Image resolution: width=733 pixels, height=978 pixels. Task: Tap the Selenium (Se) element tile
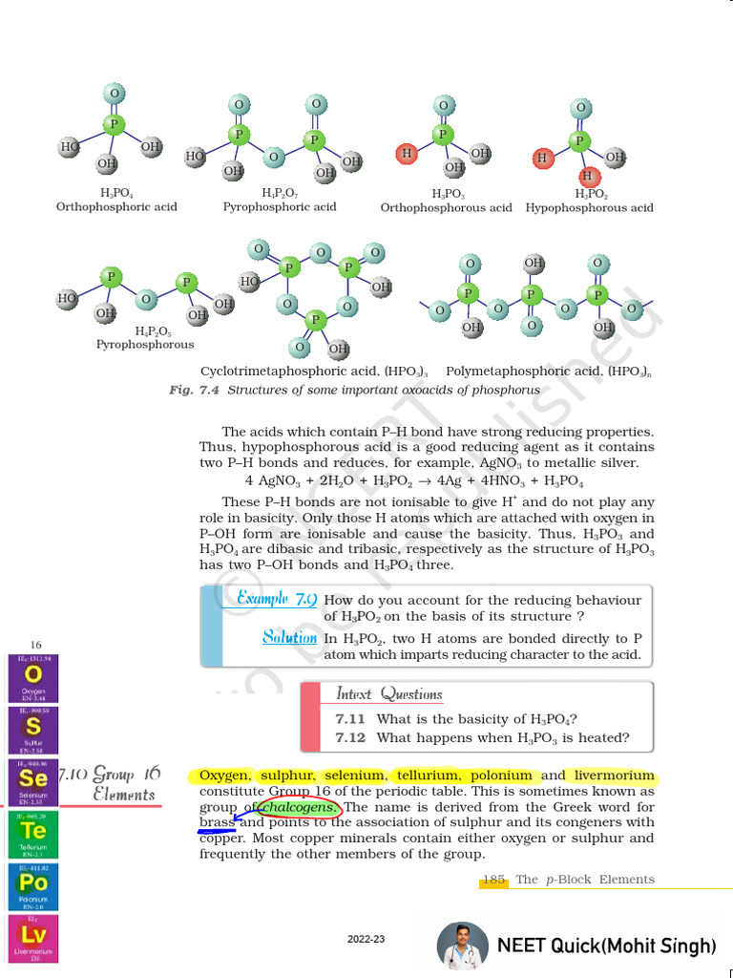(x=32, y=782)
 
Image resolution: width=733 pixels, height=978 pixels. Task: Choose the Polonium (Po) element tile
(x=32, y=886)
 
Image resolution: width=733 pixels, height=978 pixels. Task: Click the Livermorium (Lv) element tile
(x=32, y=938)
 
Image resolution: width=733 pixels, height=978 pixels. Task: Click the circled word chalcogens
(x=298, y=809)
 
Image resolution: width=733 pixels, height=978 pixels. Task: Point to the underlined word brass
(x=217, y=823)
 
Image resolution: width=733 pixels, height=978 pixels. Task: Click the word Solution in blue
(x=290, y=637)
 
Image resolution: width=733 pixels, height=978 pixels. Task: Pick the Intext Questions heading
(x=388, y=694)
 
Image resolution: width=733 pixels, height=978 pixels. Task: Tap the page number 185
(x=493, y=880)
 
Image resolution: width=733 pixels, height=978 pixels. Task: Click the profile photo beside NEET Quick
(x=462, y=946)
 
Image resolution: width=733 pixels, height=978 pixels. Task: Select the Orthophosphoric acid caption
(x=116, y=207)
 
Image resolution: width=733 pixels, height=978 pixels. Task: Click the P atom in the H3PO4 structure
(x=114, y=124)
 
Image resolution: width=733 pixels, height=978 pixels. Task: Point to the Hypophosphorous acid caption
(x=589, y=207)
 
